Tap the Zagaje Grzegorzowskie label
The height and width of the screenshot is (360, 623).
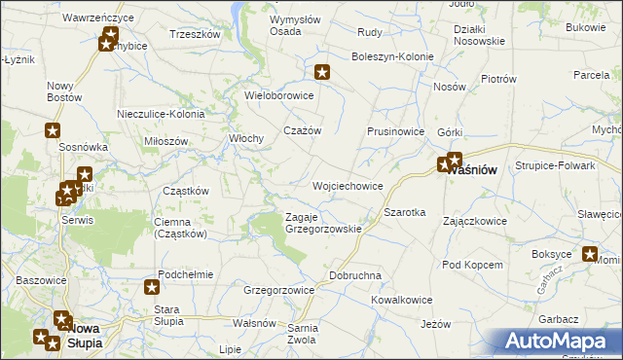click(322, 223)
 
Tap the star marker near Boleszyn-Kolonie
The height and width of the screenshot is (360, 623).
click(323, 71)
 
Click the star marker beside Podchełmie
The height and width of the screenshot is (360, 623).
click(152, 286)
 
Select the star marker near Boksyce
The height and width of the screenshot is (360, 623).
click(589, 255)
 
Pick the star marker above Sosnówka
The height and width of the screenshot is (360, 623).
click(53, 130)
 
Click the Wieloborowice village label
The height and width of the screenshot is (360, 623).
click(279, 95)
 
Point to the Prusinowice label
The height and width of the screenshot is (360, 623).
click(395, 131)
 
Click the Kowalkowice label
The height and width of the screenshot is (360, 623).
click(401, 300)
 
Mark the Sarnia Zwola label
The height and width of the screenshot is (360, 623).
click(301, 335)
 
